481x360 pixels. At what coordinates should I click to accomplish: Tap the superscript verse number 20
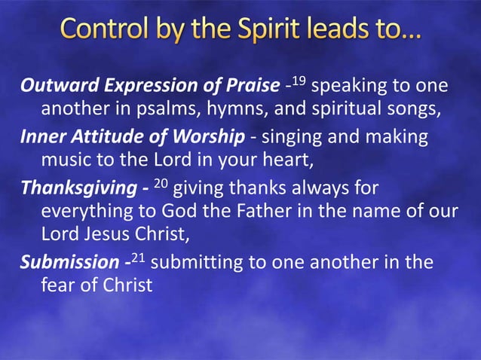pyautogui.click(x=161, y=182)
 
